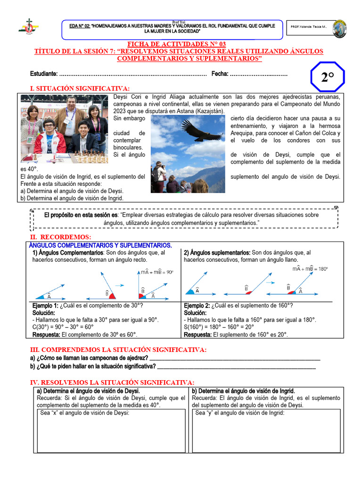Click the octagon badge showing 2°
[x=328, y=77]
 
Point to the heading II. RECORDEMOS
[x=60, y=236]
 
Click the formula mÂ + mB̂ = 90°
[x=157, y=272]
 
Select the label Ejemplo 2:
[x=197, y=306]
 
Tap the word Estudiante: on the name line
[x=44, y=74]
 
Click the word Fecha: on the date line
[x=220, y=74]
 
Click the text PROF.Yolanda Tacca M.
[x=309, y=27]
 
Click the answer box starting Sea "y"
[x=266, y=430]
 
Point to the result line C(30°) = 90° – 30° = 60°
[x=63, y=327]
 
